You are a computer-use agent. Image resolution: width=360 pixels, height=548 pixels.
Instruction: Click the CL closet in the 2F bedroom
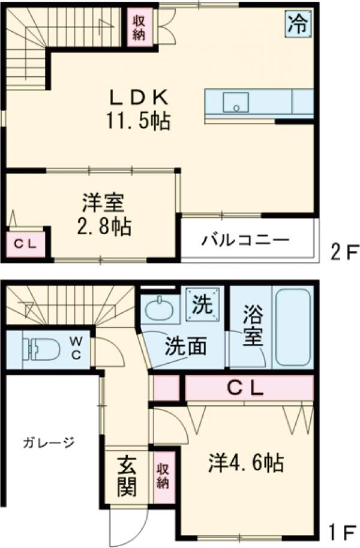(25, 244)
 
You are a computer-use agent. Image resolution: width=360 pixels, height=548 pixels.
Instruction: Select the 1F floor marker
(342, 531)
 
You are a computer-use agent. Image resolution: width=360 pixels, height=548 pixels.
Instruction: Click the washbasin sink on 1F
(160, 312)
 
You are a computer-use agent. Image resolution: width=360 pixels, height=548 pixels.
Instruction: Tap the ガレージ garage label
(49, 443)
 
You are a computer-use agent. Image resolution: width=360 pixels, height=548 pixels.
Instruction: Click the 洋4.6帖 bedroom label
(246, 463)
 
